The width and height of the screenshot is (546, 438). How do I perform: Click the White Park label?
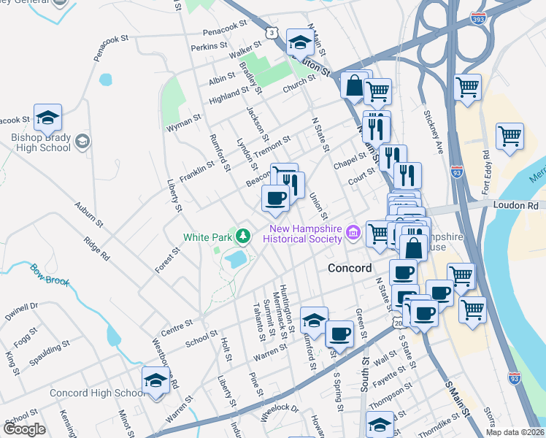pos(207,237)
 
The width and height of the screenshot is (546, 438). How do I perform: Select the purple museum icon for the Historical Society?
pos(354,233)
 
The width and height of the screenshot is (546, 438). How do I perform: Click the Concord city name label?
pos(350,267)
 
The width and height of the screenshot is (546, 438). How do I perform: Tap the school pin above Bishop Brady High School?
pos(47,118)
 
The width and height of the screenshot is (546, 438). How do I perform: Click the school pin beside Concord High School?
pos(155,380)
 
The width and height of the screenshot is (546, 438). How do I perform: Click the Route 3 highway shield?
pos(272,33)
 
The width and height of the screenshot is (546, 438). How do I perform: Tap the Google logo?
pos(24,429)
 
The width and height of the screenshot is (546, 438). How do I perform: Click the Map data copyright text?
pos(515,432)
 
